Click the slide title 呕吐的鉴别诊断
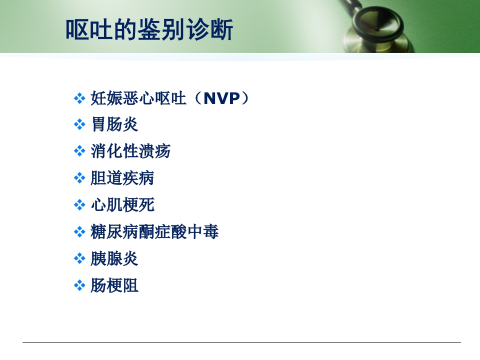click(x=149, y=29)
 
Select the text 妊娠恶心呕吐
click(x=138, y=98)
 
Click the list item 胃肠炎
click(x=114, y=124)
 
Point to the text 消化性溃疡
click(x=130, y=151)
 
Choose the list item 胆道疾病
click(x=122, y=178)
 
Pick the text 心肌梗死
click(x=122, y=205)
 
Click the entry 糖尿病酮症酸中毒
click(x=154, y=232)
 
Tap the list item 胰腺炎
click(x=114, y=259)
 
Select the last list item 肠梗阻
click(x=114, y=286)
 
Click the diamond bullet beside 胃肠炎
click(x=79, y=125)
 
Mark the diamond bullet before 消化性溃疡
click(x=79, y=151)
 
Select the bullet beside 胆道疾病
click(x=79, y=178)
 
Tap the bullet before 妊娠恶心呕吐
click(x=79, y=98)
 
